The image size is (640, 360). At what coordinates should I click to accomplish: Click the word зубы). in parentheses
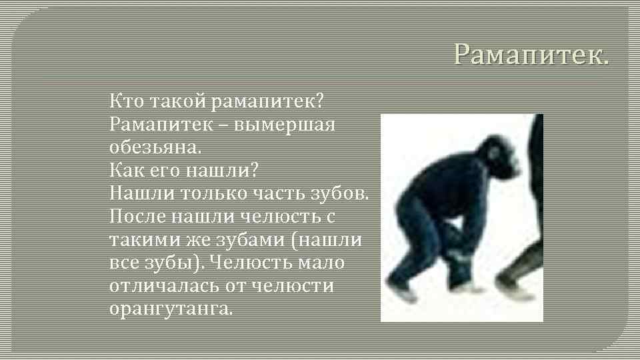pyautogui.click(x=176, y=262)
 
